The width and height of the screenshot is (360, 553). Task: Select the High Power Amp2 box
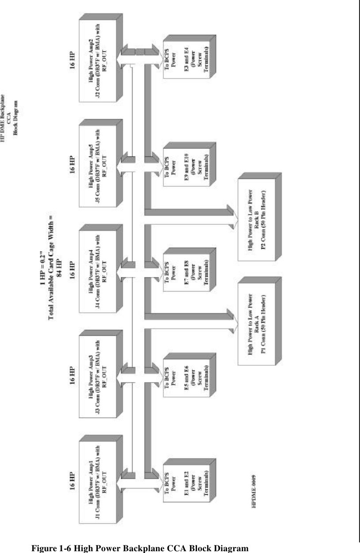[98, 57]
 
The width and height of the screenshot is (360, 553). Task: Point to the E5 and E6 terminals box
[183, 376]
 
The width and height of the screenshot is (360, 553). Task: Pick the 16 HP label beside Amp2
[73, 57]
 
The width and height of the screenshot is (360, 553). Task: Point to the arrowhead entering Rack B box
[230, 211]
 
